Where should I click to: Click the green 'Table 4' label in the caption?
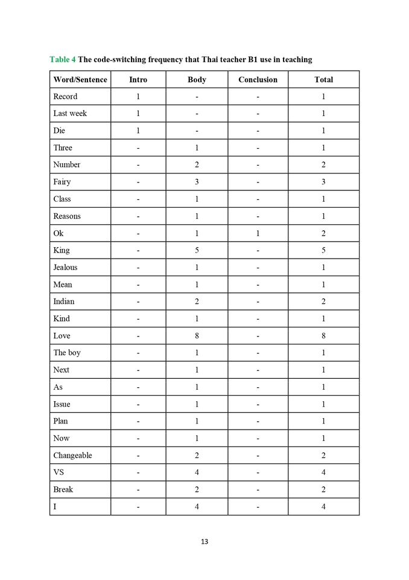click(62, 59)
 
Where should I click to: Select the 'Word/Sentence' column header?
click(80, 80)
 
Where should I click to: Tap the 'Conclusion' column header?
click(258, 80)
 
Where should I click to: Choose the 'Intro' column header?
click(138, 80)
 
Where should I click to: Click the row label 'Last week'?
click(70, 114)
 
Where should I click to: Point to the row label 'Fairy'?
click(62, 182)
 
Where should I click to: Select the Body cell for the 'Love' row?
click(197, 336)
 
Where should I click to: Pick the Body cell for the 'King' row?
click(197, 250)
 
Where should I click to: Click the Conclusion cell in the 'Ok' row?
click(258, 233)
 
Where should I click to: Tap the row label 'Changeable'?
click(72, 456)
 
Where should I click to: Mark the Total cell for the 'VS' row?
click(323, 472)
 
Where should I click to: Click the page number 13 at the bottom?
click(204, 541)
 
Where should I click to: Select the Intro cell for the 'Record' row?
click(138, 97)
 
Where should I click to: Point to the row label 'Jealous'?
click(65, 268)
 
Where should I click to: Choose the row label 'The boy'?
click(67, 353)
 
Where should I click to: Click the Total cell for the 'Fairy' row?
click(323, 182)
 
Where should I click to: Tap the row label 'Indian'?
click(64, 301)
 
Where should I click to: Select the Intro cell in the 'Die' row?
click(138, 130)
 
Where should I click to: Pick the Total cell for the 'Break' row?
click(323, 489)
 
